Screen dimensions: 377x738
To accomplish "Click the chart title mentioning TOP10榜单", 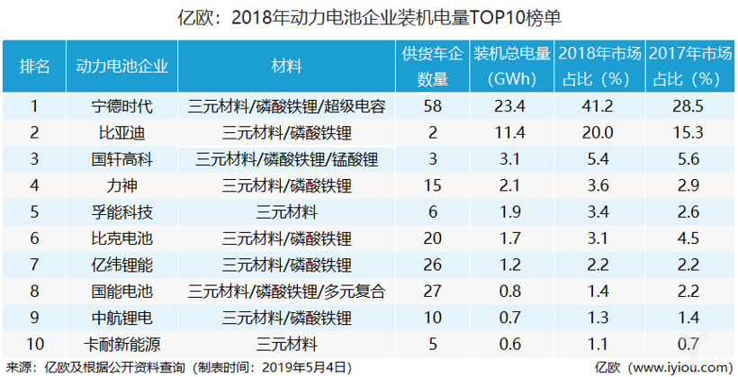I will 369,17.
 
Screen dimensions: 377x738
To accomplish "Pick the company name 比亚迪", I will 122,134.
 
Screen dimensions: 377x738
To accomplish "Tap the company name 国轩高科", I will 122,160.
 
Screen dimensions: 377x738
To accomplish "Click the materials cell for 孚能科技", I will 286,213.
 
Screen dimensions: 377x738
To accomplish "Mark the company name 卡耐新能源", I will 122,345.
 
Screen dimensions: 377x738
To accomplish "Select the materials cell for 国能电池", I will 286,292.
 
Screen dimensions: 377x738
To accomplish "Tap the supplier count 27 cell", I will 432,292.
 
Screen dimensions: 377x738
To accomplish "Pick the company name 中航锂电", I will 122,319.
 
